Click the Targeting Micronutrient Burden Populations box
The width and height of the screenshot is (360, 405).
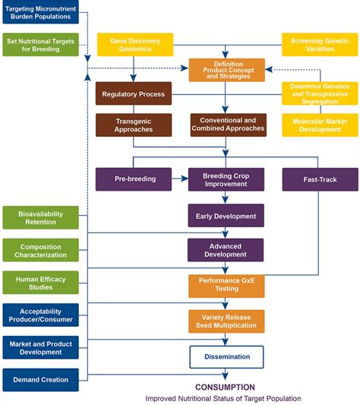41,13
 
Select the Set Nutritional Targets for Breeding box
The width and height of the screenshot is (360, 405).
41,44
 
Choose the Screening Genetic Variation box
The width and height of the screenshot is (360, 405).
319,44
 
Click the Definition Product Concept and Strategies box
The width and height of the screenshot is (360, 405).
227,70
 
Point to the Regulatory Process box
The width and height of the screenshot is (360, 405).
133,94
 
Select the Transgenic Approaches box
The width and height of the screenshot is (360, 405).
133,125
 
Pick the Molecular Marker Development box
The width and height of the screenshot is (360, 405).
319,125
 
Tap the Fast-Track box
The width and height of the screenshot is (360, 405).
319,179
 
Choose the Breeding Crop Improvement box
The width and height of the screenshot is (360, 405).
226,179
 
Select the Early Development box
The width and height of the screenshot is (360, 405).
226,216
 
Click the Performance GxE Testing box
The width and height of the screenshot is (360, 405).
226,286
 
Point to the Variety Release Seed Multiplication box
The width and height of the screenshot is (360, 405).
226,321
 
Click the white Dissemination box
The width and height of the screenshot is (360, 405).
226,356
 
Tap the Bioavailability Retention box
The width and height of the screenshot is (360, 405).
41,218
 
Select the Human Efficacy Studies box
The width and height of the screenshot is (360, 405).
41,283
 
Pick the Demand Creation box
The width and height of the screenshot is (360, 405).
41,379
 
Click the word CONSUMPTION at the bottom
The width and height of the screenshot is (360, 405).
225,387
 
